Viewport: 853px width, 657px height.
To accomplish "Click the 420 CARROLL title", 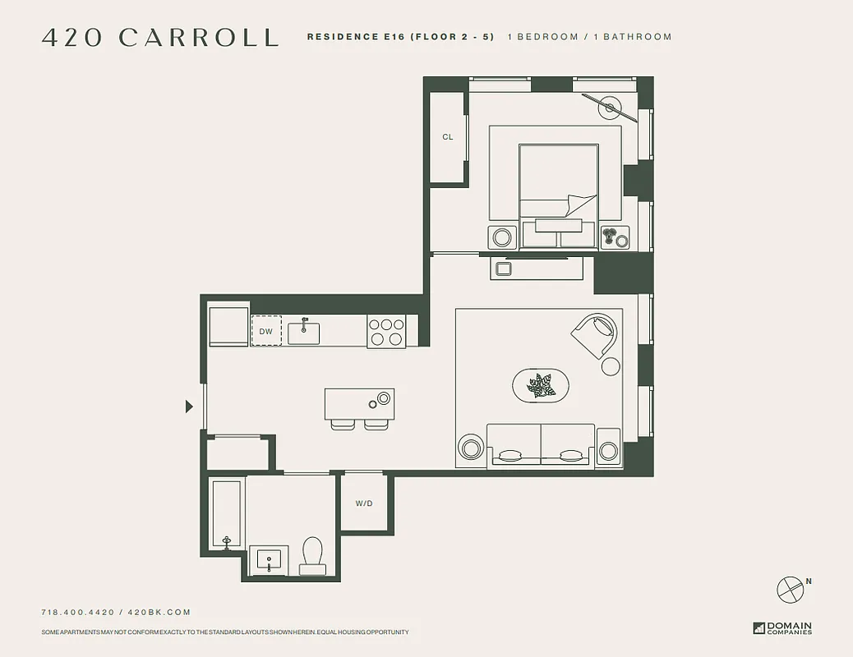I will coord(160,38).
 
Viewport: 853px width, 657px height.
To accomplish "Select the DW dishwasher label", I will coord(265,332).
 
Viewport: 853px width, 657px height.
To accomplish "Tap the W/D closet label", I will coord(363,503).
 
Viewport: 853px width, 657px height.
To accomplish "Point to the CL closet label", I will coord(448,137).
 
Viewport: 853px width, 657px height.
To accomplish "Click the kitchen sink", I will coord(303,330).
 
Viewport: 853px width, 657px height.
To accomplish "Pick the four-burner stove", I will coord(386,331).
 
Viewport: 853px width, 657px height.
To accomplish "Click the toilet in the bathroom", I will coord(312,556).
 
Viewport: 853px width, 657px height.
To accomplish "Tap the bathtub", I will coord(226,514).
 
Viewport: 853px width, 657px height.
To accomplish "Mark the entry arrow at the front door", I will coord(189,406).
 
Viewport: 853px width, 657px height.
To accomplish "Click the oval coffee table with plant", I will coord(541,385).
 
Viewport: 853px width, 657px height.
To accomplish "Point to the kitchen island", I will coord(359,404).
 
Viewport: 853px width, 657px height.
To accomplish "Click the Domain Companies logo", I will coord(782,628).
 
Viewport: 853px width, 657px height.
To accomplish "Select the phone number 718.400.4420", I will coord(78,612).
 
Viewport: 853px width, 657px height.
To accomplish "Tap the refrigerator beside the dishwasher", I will coord(228,327).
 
